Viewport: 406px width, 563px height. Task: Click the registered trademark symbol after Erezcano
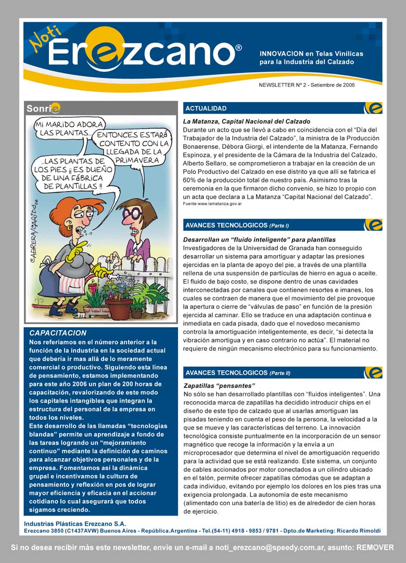click(238, 47)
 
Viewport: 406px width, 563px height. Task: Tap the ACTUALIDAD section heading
click(206, 108)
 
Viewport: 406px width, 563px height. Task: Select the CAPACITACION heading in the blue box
click(58, 333)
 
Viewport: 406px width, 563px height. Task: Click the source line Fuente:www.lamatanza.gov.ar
click(212, 204)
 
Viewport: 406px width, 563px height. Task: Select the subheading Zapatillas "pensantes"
click(219, 386)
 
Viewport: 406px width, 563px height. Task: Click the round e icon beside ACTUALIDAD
click(373, 108)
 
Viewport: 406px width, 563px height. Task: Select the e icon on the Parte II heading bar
click(373, 372)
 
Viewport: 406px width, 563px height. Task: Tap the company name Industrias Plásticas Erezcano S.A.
click(75, 523)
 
